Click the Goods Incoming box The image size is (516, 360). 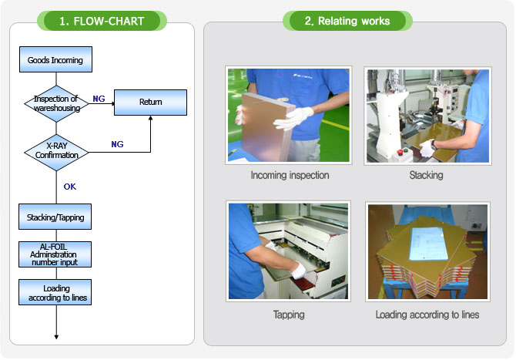pyautogui.click(x=55, y=59)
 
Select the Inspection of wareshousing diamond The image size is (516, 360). pyautogui.click(x=56, y=104)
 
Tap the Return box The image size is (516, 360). pyautogui.click(x=150, y=102)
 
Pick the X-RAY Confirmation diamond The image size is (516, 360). pyautogui.click(x=56, y=152)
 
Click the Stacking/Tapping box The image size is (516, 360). pyautogui.click(x=55, y=217)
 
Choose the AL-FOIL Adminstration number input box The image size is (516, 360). pyautogui.click(x=55, y=254)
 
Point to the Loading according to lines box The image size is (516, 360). pyautogui.click(x=55, y=292)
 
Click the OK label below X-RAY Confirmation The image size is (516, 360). pyautogui.click(x=70, y=187)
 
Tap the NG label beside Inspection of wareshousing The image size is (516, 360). pyautogui.click(x=99, y=99)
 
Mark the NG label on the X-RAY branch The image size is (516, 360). pyautogui.click(x=117, y=144)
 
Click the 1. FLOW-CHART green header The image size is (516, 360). pyautogui.click(x=102, y=21)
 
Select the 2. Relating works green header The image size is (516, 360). pyautogui.click(x=347, y=21)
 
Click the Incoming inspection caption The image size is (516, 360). pyautogui.click(x=290, y=175)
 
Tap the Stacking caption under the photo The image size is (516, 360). pyautogui.click(x=426, y=175)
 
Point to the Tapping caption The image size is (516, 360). pyautogui.click(x=289, y=315)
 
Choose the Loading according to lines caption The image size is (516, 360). pyautogui.click(x=427, y=315)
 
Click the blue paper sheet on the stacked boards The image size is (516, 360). pyautogui.click(x=428, y=243)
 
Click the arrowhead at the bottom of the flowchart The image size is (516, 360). pyautogui.click(x=56, y=337)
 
